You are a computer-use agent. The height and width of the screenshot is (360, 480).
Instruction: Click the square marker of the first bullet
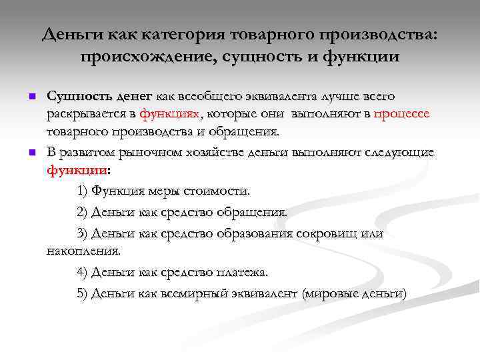pos(31,98)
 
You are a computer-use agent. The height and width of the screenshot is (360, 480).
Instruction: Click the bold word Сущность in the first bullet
pos(75,97)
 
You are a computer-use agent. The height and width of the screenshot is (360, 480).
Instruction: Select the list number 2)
pos(83,212)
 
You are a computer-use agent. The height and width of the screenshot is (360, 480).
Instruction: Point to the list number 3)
pos(83,233)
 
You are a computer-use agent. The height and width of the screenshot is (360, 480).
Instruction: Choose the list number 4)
pos(83,272)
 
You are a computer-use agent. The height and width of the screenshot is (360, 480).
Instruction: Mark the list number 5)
pos(83,293)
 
